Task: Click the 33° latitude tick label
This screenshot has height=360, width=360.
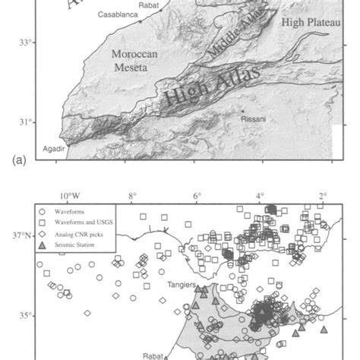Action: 27,43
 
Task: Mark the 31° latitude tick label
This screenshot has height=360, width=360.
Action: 27,122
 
